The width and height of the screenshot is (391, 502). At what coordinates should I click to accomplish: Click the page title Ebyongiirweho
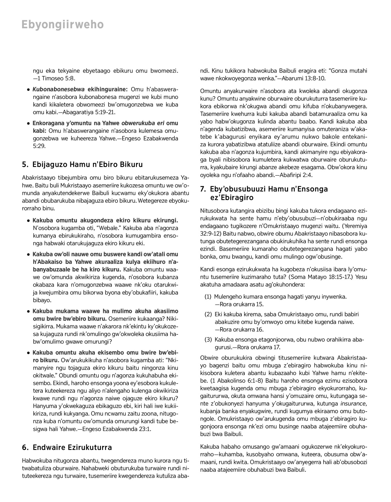pyautogui.click(x=63, y=25)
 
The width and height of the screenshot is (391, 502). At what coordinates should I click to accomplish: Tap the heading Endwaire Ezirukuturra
pyautogui.click(x=72, y=447)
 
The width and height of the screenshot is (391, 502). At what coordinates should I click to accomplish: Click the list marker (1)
pyautogui.click(x=208, y=297)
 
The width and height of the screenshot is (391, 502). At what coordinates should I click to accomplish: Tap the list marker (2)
pyautogui.click(x=208, y=314)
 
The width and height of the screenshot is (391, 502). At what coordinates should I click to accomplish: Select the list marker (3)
pyautogui.click(x=208, y=340)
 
